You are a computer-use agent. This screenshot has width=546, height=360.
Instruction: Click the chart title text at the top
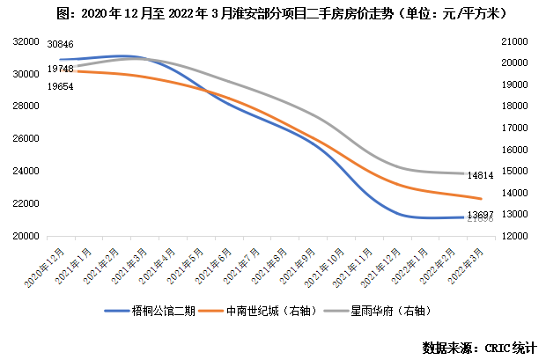[274, 14]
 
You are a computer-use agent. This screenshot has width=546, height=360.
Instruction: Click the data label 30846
[60, 43]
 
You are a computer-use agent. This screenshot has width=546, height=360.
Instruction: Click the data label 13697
[480, 215]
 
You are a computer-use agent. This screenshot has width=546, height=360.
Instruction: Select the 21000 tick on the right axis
[513, 41]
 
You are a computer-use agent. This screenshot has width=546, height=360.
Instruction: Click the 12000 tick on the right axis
[513, 236]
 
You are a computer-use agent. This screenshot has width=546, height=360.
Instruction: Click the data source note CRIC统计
[479, 346]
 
